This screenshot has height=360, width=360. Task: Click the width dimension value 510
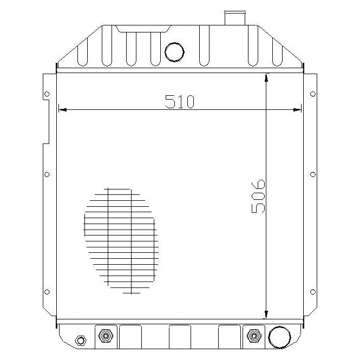(x=179, y=101)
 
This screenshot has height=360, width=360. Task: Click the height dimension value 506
(x=258, y=195)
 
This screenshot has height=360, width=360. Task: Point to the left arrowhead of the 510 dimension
(x=62, y=110)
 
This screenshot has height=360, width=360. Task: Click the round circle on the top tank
(x=174, y=51)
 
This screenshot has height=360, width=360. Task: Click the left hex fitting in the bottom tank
(x=104, y=336)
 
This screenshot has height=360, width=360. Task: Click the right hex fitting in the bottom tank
(x=253, y=336)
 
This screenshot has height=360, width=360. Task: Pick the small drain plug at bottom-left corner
(x=81, y=341)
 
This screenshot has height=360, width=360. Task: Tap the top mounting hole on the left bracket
(x=47, y=94)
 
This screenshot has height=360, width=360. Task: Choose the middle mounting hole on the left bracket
(x=47, y=174)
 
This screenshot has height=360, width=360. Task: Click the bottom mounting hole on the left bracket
(x=47, y=292)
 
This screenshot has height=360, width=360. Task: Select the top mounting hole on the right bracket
(x=312, y=94)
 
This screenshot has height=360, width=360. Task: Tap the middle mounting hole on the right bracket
(x=312, y=174)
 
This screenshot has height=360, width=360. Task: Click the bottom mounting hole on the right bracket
(x=312, y=292)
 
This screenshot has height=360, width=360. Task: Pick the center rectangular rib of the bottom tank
(x=180, y=337)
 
